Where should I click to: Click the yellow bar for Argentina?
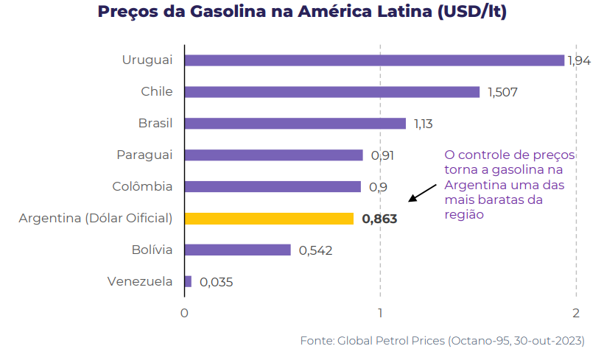point(270,219)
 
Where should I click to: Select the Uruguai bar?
point(374,60)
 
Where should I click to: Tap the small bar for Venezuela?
point(188,281)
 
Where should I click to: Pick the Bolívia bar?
point(238,250)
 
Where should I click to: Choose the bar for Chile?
point(332,92)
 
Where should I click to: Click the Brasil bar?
point(295,124)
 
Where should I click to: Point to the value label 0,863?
point(379,219)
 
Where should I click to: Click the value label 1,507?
point(502,93)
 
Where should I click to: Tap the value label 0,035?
point(216,282)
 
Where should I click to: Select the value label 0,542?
point(315,250)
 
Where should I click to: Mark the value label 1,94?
point(579,61)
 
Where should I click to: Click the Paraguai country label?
point(144,155)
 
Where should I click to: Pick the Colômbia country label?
point(142,186)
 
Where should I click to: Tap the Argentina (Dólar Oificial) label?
point(96,219)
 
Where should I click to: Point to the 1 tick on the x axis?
point(380,313)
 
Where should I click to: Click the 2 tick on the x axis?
point(576,313)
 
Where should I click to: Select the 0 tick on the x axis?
point(184,313)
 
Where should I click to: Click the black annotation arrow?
point(422,193)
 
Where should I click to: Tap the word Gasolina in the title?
point(228,12)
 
